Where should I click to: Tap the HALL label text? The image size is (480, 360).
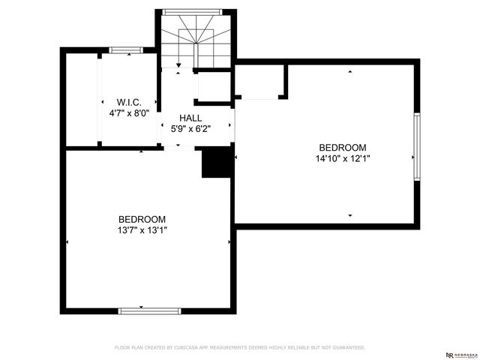(x=190, y=118)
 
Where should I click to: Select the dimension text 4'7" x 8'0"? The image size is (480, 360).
(x=129, y=113)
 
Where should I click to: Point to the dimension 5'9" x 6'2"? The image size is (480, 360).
(x=190, y=128)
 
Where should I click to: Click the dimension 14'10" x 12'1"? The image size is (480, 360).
(x=343, y=158)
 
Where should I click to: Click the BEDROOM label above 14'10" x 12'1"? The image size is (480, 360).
(x=343, y=148)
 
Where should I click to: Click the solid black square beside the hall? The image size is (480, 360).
(x=217, y=163)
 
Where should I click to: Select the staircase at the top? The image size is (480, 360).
(x=196, y=42)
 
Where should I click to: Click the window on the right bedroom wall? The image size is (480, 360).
(x=417, y=147)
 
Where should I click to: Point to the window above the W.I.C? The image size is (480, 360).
(x=126, y=51)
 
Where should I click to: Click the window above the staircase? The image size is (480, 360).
(x=196, y=12)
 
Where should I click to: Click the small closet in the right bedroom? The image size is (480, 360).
(x=259, y=82)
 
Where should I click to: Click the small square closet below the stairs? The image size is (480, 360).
(x=213, y=87)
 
